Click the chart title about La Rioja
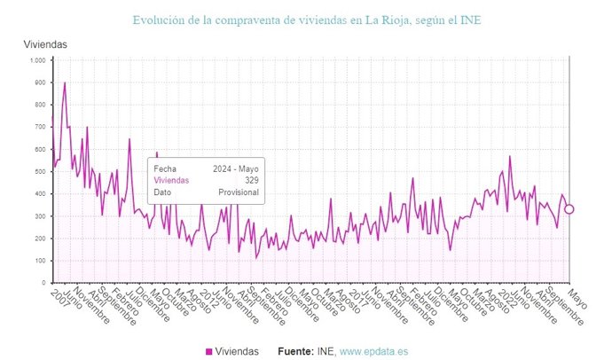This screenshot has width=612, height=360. (x=306, y=20)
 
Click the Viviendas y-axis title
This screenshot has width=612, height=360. (x=45, y=44)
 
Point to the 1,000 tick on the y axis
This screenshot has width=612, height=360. (x=36, y=60)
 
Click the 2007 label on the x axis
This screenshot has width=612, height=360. (x=59, y=295)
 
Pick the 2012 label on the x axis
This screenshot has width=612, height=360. (x=209, y=295)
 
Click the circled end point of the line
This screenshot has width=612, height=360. (x=569, y=209)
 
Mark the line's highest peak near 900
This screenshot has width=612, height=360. (x=65, y=83)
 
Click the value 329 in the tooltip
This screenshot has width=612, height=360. (x=251, y=180)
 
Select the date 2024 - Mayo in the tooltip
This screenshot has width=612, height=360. (x=235, y=168)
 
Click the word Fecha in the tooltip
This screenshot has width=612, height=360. (x=165, y=168)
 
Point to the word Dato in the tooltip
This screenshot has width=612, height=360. (x=162, y=192)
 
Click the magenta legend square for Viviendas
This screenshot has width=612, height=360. (x=209, y=352)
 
